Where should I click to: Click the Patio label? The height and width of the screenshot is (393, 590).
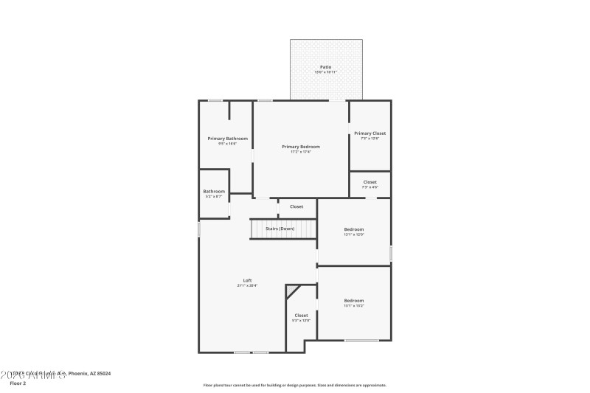pos(325,67)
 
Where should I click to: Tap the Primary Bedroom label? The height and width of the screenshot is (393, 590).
pos(301,147)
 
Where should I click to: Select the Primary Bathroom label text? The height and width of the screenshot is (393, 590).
pos(227,139)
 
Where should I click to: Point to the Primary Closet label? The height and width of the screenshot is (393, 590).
pos(369,133)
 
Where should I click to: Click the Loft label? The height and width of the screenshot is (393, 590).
pos(248,280)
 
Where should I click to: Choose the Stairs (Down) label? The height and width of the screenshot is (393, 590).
pos(280,229)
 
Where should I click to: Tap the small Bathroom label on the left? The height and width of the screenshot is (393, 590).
pos(214,192)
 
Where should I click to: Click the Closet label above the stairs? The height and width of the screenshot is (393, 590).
pos(296,206)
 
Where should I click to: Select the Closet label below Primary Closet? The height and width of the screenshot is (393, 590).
pos(369,181)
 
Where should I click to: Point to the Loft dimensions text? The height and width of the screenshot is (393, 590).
pos(248,285)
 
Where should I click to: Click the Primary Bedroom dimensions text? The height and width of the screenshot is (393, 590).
pos(301,152)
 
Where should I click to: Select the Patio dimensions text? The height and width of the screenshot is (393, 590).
pos(325,72)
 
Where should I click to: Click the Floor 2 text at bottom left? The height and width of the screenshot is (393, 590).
pos(18,383)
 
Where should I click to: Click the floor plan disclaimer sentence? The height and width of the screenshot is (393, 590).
pos(294,385)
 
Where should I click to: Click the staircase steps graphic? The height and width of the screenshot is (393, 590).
pos(265,229)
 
